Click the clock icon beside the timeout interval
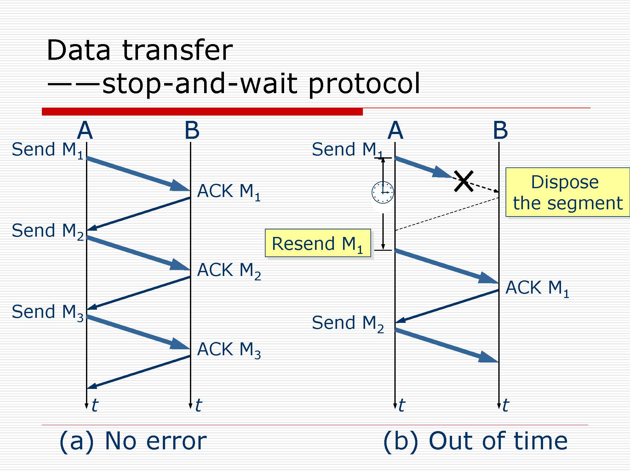coord(382,192)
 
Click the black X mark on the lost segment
coord(464,181)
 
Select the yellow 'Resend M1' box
coord(318,243)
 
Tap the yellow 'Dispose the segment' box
coord(567,192)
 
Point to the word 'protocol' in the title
coord(364,84)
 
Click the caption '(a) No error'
coord(133,441)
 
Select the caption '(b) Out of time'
coord(475,441)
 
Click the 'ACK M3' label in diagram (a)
coord(229,350)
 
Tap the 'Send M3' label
coord(48,312)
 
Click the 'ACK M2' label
coord(229,271)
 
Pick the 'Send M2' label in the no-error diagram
coord(48,231)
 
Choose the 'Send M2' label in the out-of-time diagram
coord(348,323)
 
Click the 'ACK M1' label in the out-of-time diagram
coord(537,288)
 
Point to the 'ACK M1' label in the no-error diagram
coord(229,192)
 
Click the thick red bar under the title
coord(202,112)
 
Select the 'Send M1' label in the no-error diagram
coord(48,150)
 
